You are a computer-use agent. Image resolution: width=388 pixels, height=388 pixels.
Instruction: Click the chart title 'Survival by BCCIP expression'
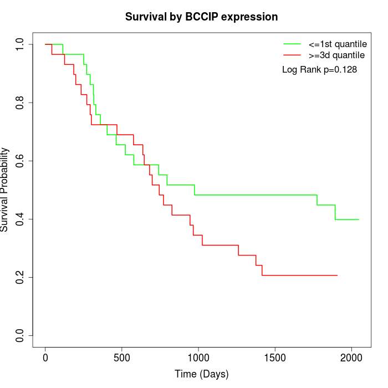201,17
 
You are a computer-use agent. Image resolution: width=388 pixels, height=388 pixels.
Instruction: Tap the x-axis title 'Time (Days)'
201,374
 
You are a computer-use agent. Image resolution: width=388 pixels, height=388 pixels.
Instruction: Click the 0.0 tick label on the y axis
21,335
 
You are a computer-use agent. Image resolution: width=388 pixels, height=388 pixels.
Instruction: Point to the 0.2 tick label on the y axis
21,277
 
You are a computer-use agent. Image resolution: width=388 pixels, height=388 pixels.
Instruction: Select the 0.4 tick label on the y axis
21,219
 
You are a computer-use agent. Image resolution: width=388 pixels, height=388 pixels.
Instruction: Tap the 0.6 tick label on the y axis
21,161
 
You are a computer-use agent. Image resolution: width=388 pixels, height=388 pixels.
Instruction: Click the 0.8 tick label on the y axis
21,103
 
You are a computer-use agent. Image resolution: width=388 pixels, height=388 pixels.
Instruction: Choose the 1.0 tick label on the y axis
21,44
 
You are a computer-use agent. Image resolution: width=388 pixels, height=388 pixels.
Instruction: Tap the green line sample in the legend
292,43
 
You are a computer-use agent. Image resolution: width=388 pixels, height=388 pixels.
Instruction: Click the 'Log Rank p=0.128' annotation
319,70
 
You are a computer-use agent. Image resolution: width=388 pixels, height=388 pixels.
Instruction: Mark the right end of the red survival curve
337,275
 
